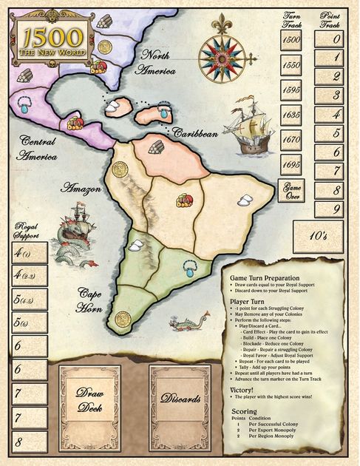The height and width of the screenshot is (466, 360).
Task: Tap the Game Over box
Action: [291, 190]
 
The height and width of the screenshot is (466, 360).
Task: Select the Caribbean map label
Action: [196, 132]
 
